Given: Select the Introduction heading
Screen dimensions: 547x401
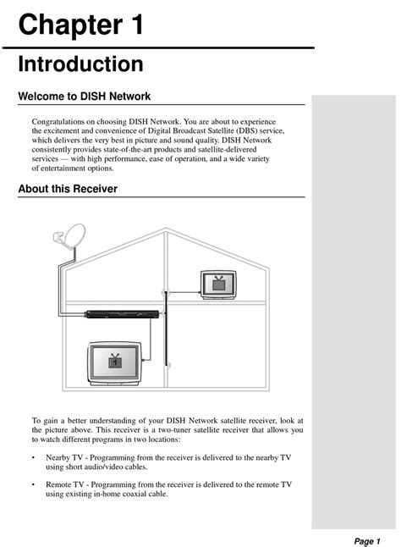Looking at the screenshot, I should (x=80, y=64).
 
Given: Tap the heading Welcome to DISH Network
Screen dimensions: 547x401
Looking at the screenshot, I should (x=84, y=97).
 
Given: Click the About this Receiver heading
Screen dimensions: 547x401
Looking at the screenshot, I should (x=68, y=189).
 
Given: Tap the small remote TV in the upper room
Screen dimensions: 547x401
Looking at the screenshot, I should (x=218, y=284).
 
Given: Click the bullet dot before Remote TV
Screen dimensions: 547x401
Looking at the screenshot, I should (x=34, y=485).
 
